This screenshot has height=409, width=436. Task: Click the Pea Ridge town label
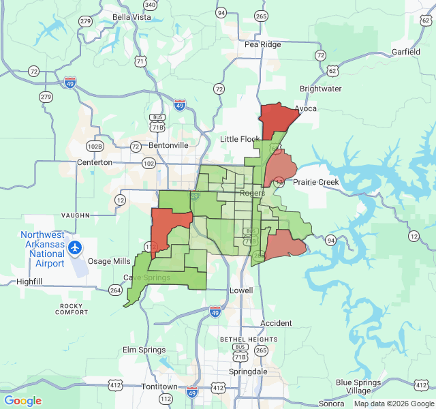click(x=262, y=44)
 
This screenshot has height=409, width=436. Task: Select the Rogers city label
click(x=252, y=193)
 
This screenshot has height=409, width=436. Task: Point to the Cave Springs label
click(x=146, y=277)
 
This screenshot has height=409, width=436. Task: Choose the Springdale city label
click(x=248, y=372)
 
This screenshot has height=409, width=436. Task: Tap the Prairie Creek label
click(x=316, y=182)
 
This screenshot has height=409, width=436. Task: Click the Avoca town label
click(x=305, y=108)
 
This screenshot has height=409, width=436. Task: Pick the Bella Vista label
click(x=131, y=16)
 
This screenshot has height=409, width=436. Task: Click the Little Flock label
click(x=240, y=139)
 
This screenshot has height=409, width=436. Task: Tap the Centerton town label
click(x=95, y=163)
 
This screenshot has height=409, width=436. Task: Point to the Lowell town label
click(x=241, y=290)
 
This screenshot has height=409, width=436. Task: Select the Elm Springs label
click(x=144, y=350)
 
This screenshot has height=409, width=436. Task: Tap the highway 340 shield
click(x=151, y=5)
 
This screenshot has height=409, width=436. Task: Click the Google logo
click(x=23, y=401)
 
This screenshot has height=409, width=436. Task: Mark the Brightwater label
click(x=321, y=89)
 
